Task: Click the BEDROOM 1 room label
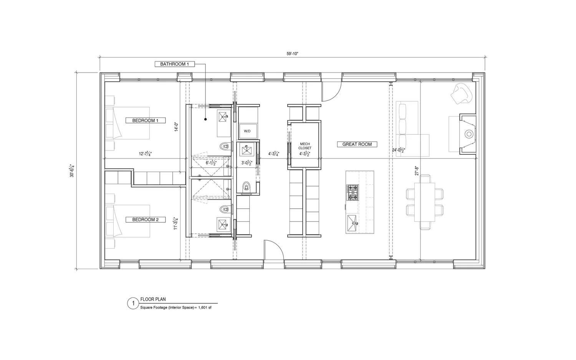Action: [146, 121]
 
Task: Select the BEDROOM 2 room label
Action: [146, 220]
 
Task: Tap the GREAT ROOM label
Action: [357, 144]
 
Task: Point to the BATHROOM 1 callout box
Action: [174, 64]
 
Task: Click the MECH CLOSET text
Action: [305, 146]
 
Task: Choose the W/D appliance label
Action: [247, 131]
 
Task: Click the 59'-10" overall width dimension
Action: [292, 54]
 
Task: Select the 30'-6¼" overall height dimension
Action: [72, 171]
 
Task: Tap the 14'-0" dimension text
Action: [177, 127]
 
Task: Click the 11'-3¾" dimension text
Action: [176, 222]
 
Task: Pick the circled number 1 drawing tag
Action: [133, 304]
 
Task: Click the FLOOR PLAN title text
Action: [153, 299]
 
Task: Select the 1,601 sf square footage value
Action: [205, 308]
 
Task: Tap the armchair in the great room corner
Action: [462, 93]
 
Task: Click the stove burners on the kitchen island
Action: [353, 193]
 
